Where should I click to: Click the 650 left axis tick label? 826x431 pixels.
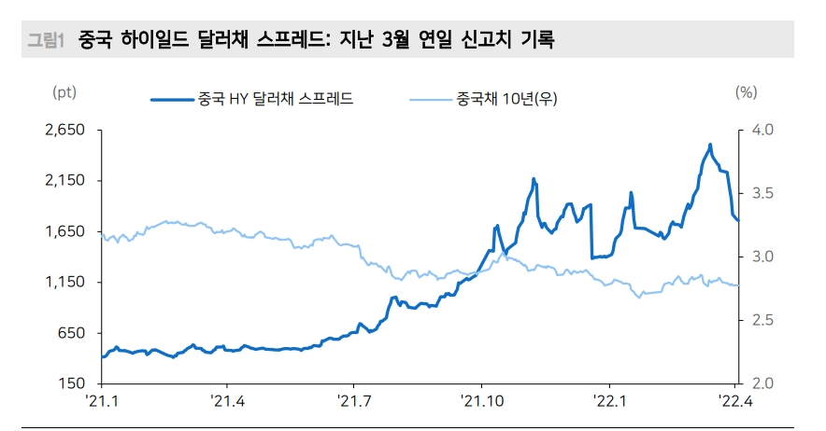pyautogui.click(x=73, y=333)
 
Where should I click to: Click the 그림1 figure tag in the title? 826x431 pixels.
pyautogui.click(x=46, y=40)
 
